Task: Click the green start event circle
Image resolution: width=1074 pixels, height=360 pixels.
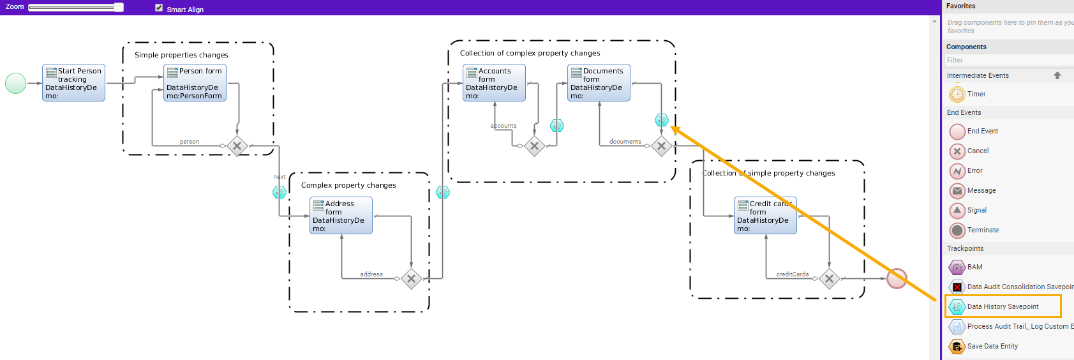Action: click(15, 83)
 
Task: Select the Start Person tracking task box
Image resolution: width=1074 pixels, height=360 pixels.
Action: click(73, 83)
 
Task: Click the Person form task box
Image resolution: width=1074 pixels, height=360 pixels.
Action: click(195, 83)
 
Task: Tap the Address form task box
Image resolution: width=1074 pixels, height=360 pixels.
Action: click(341, 216)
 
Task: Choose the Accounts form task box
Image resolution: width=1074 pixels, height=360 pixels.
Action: click(494, 83)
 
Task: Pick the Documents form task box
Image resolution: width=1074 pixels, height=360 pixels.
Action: click(599, 83)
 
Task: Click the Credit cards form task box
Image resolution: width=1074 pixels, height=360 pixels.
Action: click(765, 216)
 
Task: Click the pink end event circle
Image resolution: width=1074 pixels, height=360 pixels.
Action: click(897, 278)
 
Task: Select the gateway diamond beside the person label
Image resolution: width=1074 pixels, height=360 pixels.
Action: click(237, 146)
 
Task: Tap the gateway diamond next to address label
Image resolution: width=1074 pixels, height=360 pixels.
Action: click(411, 278)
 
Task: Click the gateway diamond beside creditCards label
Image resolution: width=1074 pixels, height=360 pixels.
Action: click(829, 278)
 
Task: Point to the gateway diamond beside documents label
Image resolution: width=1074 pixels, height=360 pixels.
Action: click(661, 146)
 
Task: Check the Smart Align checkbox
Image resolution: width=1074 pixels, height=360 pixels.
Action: click(159, 8)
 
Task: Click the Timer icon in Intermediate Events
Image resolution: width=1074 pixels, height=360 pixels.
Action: click(957, 94)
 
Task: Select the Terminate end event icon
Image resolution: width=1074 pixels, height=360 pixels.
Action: click(957, 230)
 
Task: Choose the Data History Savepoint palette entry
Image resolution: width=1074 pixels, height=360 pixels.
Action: click(1002, 307)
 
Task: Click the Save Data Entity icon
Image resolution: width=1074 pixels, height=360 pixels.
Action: click(957, 347)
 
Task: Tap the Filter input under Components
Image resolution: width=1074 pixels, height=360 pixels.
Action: click(1008, 60)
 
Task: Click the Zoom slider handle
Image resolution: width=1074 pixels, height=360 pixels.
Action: click(119, 8)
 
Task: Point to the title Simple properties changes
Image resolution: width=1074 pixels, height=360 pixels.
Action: click(181, 55)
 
